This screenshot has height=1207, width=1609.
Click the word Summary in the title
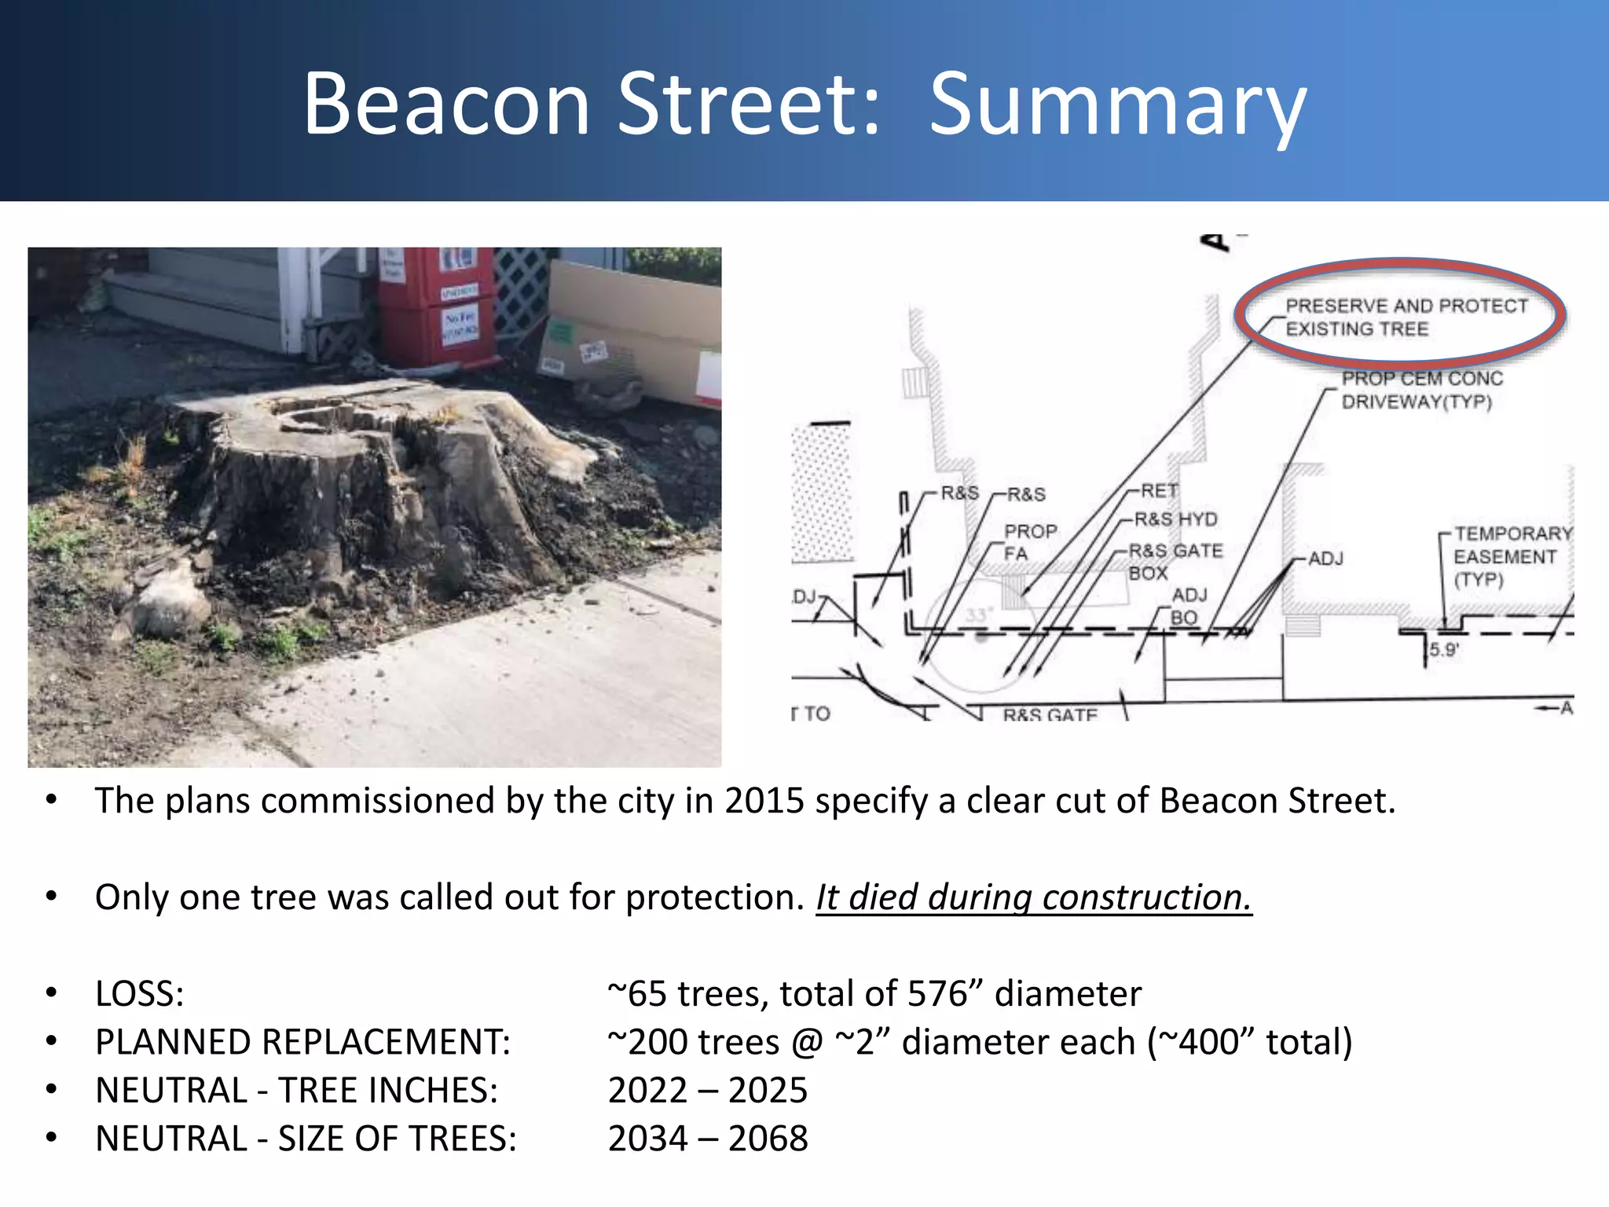click(x=1117, y=106)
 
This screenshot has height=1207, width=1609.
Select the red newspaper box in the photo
click(x=437, y=306)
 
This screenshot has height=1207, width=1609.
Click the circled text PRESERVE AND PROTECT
click(x=1406, y=306)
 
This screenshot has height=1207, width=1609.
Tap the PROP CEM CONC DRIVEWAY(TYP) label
click(x=1421, y=391)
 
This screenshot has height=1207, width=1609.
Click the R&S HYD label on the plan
click(x=1175, y=519)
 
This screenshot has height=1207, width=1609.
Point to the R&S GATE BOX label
click(x=1175, y=561)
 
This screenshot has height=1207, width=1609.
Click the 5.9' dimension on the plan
click(x=1444, y=650)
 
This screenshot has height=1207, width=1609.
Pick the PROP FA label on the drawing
click(x=1029, y=542)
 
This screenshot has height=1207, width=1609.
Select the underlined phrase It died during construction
click(x=1033, y=897)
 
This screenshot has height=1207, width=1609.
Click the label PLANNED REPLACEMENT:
click(x=302, y=1042)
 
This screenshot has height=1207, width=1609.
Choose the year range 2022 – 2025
click(x=707, y=1091)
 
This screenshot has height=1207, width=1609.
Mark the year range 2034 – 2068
click(x=707, y=1139)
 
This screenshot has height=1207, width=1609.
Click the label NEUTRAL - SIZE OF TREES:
click(x=306, y=1139)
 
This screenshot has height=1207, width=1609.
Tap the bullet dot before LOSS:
click(x=52, y=993)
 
